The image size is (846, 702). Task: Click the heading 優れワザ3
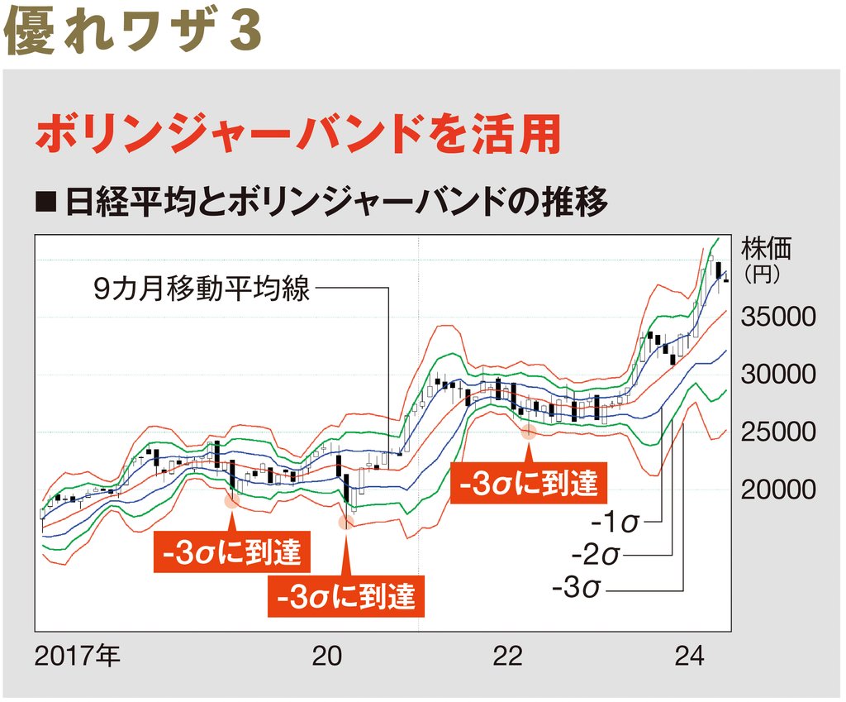pyautogui.click(x=132, y=31)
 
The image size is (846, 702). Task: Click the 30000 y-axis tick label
pyautogui.click(x=777, y=375)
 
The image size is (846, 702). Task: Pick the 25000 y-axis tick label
pyautogui.click(x=777, y=432)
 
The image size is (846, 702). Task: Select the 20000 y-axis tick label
pyautogui.click(x=777, y=489)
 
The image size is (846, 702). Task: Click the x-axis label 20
pyautogui.click(x=327, y=657)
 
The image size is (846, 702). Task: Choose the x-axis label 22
pyautogui.click(x=508, y=657)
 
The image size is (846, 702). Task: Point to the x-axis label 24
pyautogui.click(x=689, y=657)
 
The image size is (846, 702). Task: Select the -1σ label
pyautogui.click(x=615, y=524)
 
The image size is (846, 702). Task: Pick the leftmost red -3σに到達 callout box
pyautogui.click(x=231, y=553)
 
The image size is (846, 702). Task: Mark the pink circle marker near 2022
pyautogui.click(x=529, y=429)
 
